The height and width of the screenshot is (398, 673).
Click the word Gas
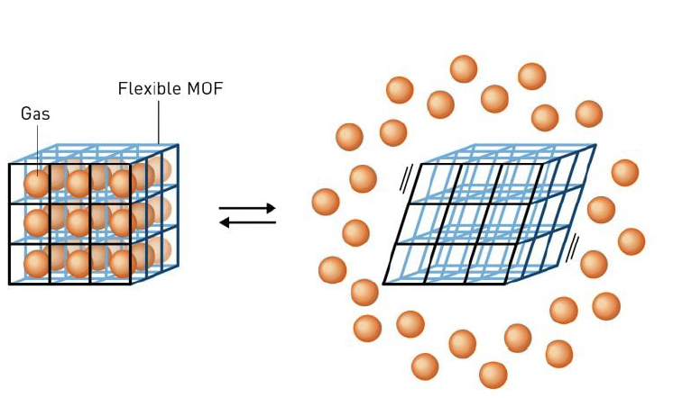(36, 114)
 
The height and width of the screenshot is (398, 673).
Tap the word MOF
(205, 89)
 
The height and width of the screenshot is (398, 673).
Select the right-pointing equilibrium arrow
(247, 209)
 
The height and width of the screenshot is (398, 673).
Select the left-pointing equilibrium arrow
(247, 222)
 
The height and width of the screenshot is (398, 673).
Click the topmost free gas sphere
(463, 69)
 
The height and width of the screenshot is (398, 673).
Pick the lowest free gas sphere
(493, 374)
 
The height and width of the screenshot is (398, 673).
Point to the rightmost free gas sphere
(632, 241)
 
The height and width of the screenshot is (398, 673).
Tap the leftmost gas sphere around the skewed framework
(326, 202)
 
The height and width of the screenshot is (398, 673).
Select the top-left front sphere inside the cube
(36, 184)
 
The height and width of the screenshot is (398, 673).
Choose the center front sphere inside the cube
(79, 222)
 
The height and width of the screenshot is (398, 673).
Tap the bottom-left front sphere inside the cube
(36, 263)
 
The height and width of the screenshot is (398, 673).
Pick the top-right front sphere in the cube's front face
(122, 184)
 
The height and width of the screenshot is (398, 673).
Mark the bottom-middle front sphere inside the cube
(79, 263)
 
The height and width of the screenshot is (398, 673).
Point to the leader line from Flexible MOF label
(160, 122)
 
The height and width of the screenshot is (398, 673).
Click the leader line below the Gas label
(38, 144)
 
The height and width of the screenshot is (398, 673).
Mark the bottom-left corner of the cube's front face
(10, 284)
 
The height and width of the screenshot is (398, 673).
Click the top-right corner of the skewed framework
(596, 145)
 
